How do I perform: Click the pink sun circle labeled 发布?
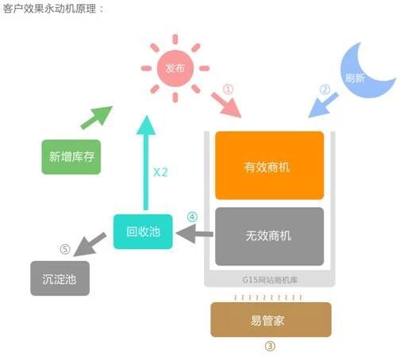pyautogui.click(x=175, y=68)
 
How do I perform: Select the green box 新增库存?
pyautogui.click(x=71, y=157)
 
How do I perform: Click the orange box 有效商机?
pyautogui.click(x=269, y=166)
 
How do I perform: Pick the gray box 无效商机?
pyautogui.click(x=269, y=236)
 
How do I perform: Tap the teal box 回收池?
pyautogui.click(x=143, y=232)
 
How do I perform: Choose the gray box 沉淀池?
pyautogui.click(x=60, y=278)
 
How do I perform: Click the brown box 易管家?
pyautogui.click(x=271, y=320)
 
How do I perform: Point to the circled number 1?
pyautogui.click(x=228, y=89)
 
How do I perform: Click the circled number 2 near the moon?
pyautogui.click(x=325, y=90)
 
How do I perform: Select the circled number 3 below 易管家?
pyautogui.click(x=270, y=346)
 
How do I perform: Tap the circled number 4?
pyautogui.click(x=192, y=216)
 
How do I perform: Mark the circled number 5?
pyautogui.click(x=65, y=249)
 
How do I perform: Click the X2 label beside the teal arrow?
pyautogui.click(x=160, y=172)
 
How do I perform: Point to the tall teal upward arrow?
pyautogui.click(x=146, y=163)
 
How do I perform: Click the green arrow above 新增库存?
pyautogui.click(x=97, y=117)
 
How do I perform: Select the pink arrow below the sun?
pyautogui.click(x=226, y=105)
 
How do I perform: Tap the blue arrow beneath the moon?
pyautogui.click(x=323, y=105)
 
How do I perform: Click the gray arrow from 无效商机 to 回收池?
pyautogui.click(x=194, y=234)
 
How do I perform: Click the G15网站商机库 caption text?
pyautogui.click(x=270, y=280)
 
